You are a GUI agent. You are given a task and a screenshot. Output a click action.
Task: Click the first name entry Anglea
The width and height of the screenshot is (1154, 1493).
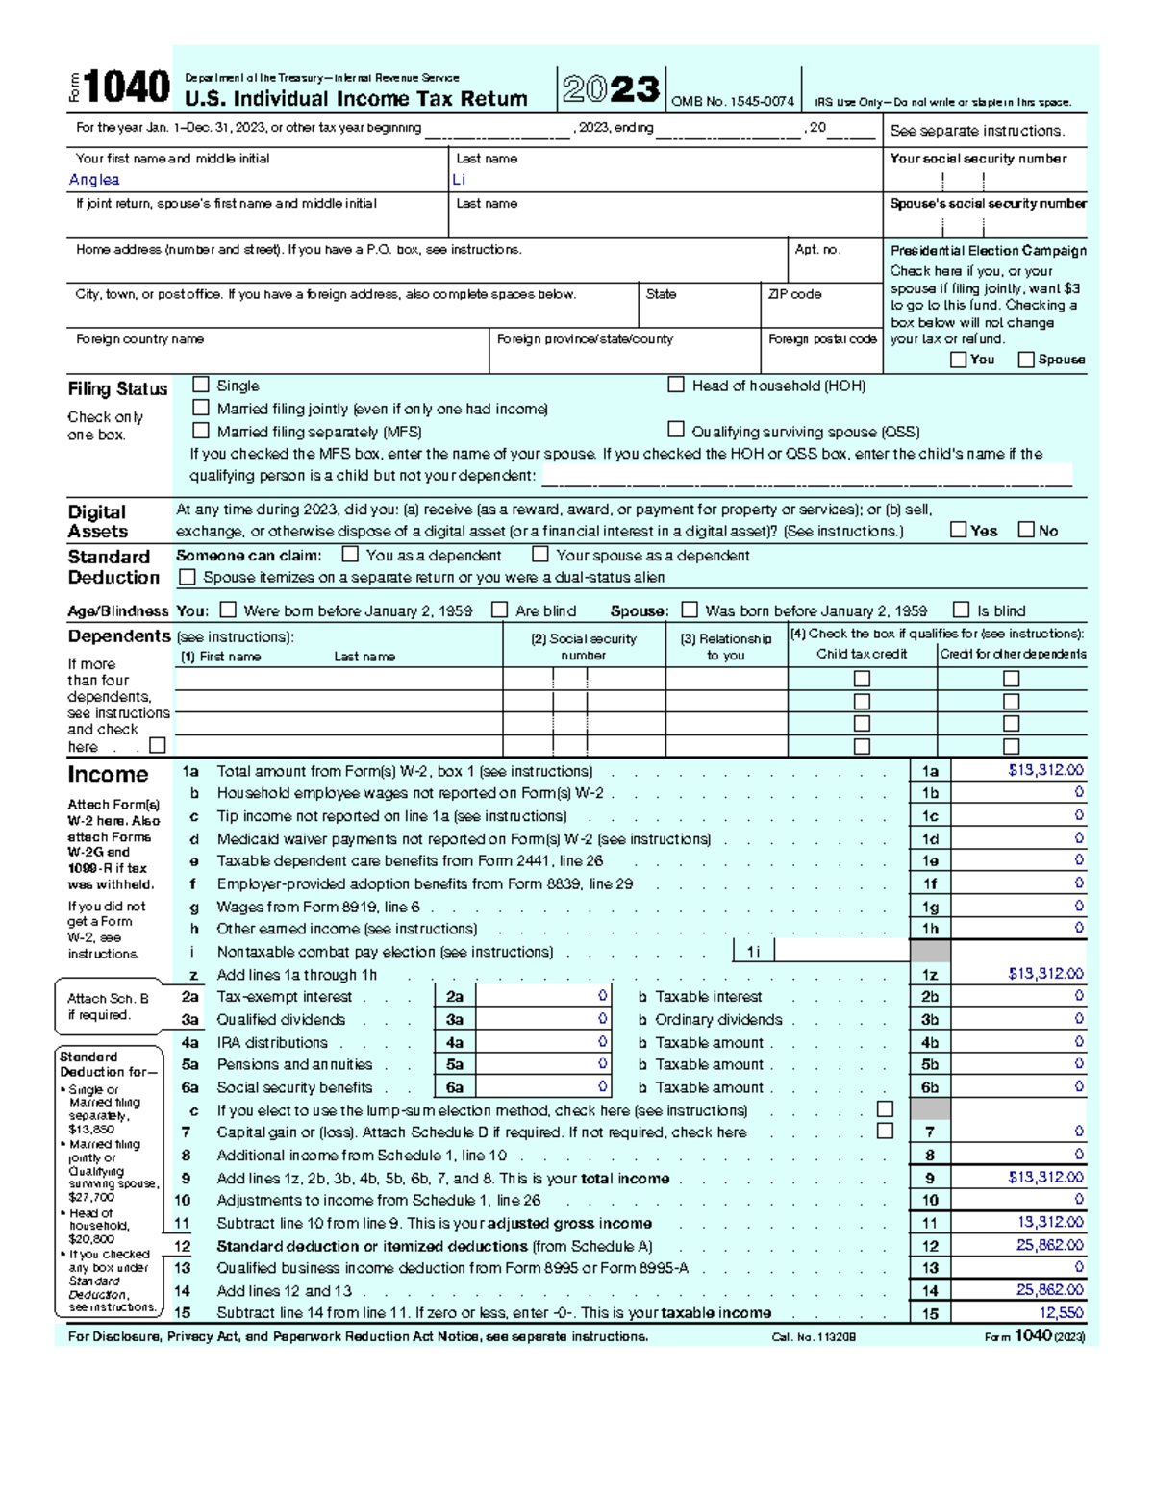click(x=94, y=180)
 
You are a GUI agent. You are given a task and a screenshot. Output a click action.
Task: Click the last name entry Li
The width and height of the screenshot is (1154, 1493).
click(x=459, y=180)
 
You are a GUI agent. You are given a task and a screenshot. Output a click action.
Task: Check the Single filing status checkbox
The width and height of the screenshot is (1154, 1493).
click(x=201, y=385)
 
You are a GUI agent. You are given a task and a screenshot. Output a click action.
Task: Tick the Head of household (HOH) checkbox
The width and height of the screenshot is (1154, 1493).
click(x=676, y=385)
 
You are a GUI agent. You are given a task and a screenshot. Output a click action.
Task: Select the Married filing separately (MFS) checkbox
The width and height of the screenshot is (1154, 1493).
click(x=201, y=431)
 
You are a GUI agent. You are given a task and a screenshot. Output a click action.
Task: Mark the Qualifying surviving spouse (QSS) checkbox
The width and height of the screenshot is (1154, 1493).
click(x=676, y=430)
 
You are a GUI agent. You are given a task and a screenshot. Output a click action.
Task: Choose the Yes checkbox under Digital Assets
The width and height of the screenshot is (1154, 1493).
click(x=958, y=530)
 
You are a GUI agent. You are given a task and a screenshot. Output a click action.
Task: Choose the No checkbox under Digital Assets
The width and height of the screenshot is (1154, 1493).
click(x=1026, y=530)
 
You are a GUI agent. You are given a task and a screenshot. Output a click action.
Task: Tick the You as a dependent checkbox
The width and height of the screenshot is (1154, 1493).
click(x=351, y=555)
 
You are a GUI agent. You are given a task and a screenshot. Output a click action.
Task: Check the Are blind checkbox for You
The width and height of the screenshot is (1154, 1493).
click(x=499, y=610)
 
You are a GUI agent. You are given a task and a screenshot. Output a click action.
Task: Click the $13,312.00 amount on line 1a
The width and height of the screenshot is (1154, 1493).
click(x=1045, y=770)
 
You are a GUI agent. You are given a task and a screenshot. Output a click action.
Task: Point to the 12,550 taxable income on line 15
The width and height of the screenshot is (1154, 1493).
click(x=1061, y=1312)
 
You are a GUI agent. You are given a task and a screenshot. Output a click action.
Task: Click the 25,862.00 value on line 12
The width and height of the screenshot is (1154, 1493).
click(x=1049, y=1245)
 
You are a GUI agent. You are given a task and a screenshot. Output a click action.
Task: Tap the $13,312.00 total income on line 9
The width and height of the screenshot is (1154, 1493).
click(x=1045, y=1177)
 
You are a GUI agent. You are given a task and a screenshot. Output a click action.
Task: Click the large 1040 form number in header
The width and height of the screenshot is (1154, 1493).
click(x=127, y=87)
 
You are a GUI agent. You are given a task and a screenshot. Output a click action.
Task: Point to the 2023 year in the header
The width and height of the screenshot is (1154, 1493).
click(x=612, y=89)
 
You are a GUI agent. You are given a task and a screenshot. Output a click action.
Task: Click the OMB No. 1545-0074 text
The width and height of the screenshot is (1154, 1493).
click(x=732, y=101)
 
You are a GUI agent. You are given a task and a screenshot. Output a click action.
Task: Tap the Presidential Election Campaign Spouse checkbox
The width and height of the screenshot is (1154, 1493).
click(x=1026, y=360)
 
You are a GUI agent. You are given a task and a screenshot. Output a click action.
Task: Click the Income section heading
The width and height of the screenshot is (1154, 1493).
click(x=108, y=775)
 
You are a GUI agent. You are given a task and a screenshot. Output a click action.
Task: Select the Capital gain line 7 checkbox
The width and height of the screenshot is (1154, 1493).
click(x=885, y=1132)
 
